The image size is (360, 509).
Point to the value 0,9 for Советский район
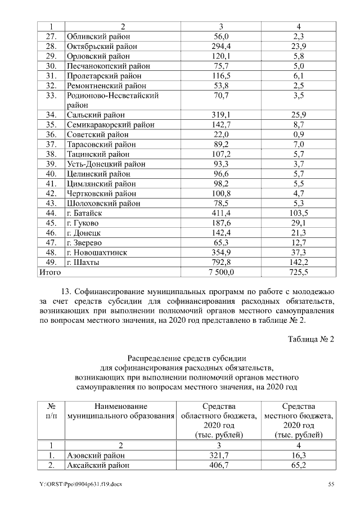point(298,134)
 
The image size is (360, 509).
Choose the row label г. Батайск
point(84,213)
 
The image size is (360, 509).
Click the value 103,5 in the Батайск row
point(298,213)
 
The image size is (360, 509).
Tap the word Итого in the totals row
point(49,272)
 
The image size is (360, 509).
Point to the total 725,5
point(298,272)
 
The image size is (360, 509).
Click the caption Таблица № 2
point(311,339)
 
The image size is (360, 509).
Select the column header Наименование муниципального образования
point(121,411)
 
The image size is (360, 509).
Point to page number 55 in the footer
point(332,484)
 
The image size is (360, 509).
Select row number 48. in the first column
point(51,253)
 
